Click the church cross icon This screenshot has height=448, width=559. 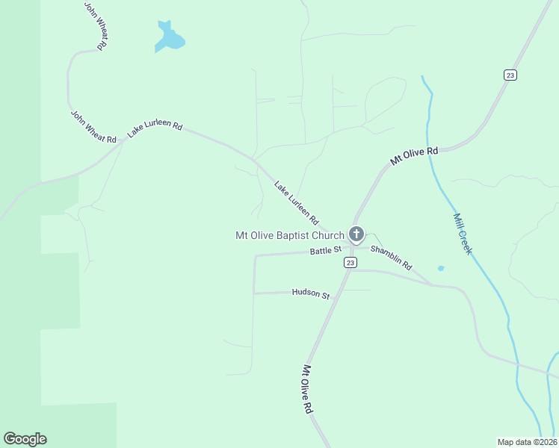356,234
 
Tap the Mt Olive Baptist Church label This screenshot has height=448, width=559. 290,235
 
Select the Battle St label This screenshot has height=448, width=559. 326,250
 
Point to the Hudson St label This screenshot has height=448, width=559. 311,294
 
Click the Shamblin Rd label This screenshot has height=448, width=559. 392,258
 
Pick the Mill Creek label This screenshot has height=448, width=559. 463,234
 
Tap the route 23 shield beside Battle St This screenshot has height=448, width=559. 350,263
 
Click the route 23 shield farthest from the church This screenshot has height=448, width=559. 510,75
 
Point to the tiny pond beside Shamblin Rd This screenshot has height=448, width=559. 441,268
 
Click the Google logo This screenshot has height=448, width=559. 25,439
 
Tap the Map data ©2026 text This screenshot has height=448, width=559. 527,442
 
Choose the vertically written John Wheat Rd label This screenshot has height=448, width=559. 96,26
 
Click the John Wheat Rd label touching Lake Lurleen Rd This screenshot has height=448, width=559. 94,128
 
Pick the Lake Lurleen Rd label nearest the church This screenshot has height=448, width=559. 296,203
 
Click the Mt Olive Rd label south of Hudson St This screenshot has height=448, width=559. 306,390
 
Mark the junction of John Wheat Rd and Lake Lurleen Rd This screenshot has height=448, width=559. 123,141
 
